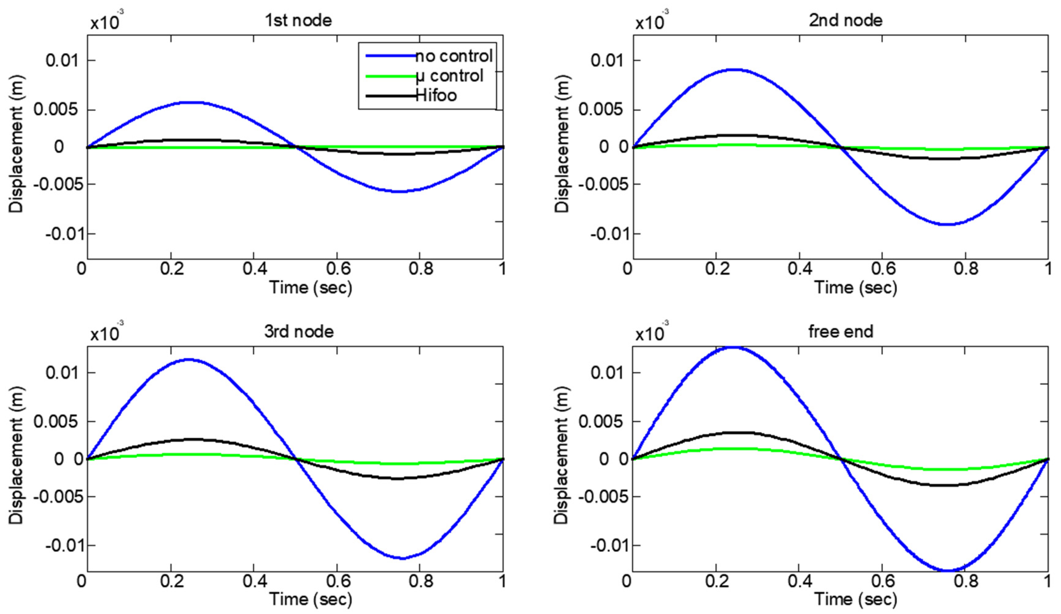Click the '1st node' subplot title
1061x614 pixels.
(x=298, y=20)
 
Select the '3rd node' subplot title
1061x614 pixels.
(x=299, y=332)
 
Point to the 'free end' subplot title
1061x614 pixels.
(x=841, y=332)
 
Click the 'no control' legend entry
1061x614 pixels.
(x=454, y=56)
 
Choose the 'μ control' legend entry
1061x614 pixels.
(x=449, y=76)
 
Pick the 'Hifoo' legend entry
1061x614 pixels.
(x=436, y=95)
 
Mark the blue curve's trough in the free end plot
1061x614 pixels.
(x=947, y=571)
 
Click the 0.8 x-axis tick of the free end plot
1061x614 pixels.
(x=965, y=581)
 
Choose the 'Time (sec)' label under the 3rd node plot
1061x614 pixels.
(x=311, y=599)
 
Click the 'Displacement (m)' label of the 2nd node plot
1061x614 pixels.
(x=562, y=144)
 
